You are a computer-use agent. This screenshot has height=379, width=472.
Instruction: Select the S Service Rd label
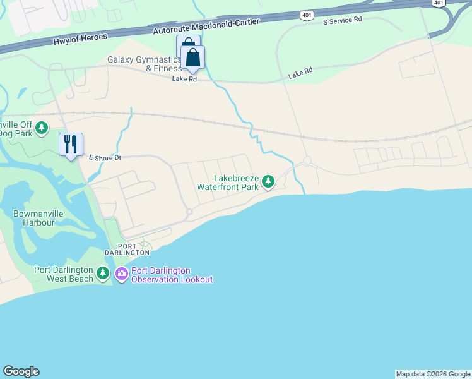tap(342, 21)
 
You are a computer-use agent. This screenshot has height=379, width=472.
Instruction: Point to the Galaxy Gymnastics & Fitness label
tap(145, 64)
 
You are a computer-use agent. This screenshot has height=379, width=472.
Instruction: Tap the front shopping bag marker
tap(192, 58)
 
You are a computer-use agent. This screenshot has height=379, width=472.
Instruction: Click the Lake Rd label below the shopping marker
tap(184, 80)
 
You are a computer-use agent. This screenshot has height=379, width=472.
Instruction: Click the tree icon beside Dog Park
tap(42, 129)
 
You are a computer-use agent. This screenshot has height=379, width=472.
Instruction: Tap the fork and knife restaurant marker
tap(70, 145)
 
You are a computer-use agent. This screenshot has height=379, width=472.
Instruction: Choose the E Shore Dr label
tap(105, 157)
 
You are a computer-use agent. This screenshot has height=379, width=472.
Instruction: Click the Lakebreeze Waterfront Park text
tap(227, 183)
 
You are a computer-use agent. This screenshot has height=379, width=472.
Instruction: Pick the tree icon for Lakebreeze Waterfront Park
tap(268, 183)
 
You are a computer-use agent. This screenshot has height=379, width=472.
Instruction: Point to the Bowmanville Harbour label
tap(38, 218)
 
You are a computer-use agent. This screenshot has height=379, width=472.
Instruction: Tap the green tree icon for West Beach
tap(103, 274)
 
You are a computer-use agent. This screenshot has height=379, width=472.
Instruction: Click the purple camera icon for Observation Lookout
tap(121, 274)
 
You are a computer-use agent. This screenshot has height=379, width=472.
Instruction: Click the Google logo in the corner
tap(21, 371)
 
